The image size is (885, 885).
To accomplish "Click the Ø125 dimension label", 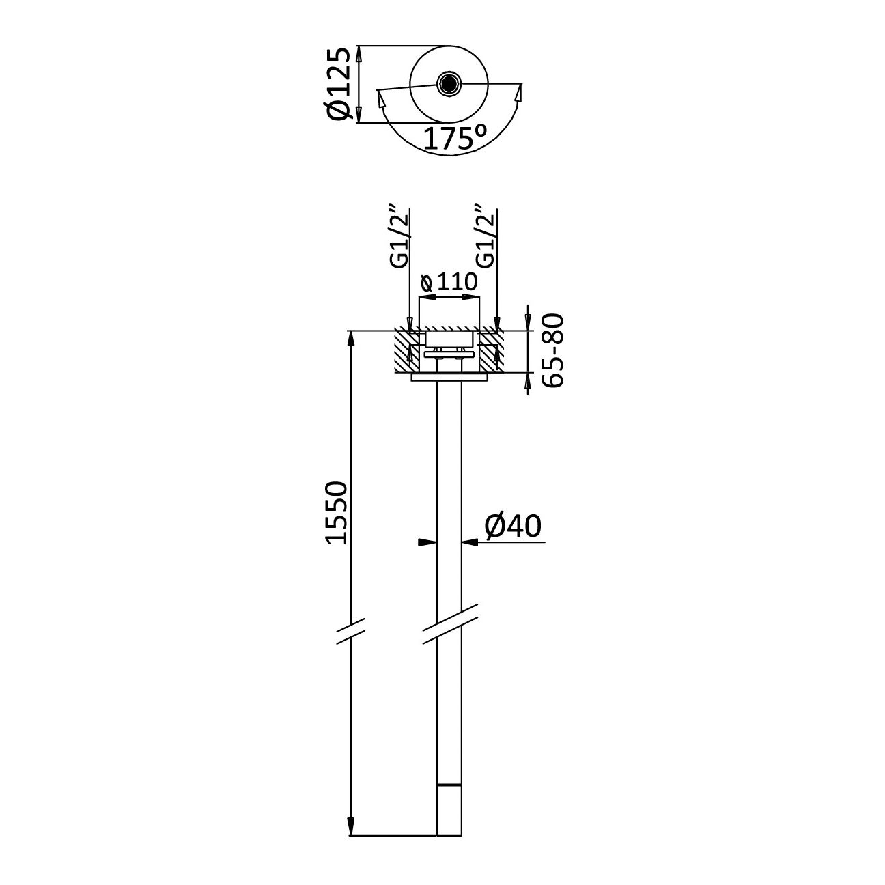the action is click(x=340, y=84).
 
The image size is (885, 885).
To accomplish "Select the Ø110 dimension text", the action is click(x=449, y=283).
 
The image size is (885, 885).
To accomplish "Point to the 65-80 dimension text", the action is click(x=552, y=350).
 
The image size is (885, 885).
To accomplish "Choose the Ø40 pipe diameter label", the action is click(x=513, y=526).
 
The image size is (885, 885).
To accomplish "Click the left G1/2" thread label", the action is click(x=399, y=238).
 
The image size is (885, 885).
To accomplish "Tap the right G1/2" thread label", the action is click(x=486, y=238).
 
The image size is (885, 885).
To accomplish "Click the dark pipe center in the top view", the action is click(x=447, y=83).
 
